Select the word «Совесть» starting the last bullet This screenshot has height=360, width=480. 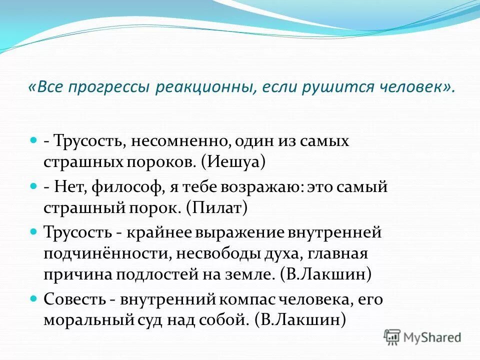pyautogui.click(x=74, y=299)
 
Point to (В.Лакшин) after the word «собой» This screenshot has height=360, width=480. pyautogui.click(x=300, y=320)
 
